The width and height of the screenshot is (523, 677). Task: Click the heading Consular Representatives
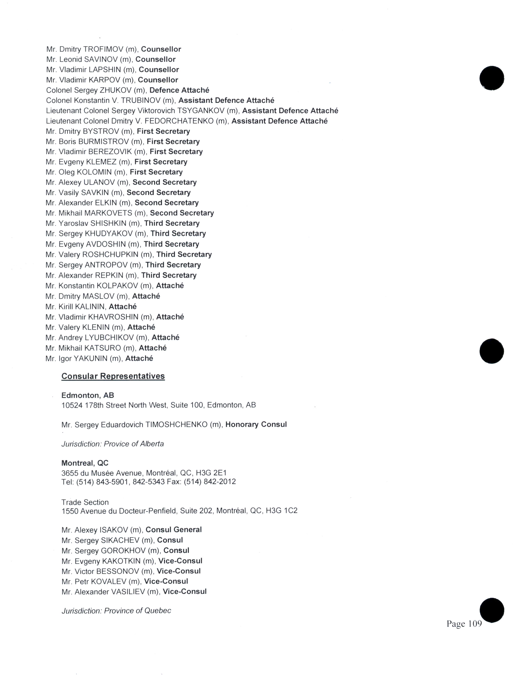click(113, 376)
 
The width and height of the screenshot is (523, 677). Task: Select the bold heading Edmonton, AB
click(88, 395)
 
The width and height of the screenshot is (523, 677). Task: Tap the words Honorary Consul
click(256, 424)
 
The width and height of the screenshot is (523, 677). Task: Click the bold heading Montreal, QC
click(85, 463)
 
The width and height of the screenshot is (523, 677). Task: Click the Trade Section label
click(85, 502)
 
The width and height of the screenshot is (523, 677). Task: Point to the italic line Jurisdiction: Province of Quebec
click(116, 611)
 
